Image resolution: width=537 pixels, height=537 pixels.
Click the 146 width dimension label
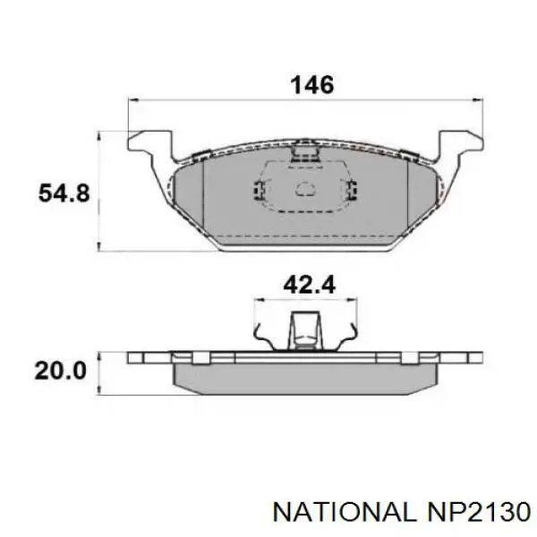pos(311,85)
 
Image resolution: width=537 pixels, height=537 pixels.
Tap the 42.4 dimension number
pos(308,285)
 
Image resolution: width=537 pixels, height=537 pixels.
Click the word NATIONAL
pos(343,511)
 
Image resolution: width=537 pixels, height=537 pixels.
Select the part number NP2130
pos(476,511)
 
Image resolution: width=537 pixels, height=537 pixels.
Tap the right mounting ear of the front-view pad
pos(459,142)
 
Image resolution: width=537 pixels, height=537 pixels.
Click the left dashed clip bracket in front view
pos(259,190)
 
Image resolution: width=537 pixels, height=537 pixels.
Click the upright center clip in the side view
pos(306,331)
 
